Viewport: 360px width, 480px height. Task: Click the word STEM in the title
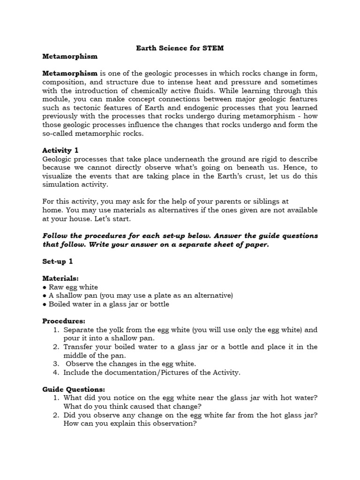(213, 48)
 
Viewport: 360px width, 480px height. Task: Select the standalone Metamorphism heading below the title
(70, 56)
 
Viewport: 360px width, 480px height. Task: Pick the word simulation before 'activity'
(61, 185)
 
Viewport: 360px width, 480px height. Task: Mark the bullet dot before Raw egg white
(45, 287)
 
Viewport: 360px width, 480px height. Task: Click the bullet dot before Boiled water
(45, 304)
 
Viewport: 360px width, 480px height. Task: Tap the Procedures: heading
(64, 321)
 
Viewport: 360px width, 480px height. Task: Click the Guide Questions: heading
(74, 389)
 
